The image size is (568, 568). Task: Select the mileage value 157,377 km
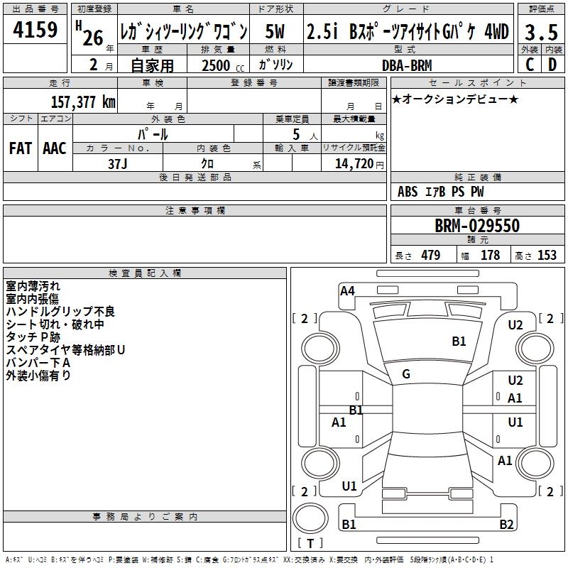click(83, 102)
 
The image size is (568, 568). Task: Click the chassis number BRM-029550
click(477, 226)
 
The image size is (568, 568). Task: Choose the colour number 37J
click(119, 163)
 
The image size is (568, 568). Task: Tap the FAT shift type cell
click(21, 148)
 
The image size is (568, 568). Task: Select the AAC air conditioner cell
click(55, 148)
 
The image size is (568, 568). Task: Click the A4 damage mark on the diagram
click(347, 290)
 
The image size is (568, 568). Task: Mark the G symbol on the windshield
click(406, 374)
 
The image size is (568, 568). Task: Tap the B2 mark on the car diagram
click(506, 525)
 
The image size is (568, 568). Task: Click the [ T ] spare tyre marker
click(310, 543)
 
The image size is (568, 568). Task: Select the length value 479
click(430, 256)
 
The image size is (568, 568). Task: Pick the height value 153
click(547, 256)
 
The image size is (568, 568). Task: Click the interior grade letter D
click(552, 65)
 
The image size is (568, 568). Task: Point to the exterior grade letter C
click(530, 65)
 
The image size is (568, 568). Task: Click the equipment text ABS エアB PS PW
click(442, 192)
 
